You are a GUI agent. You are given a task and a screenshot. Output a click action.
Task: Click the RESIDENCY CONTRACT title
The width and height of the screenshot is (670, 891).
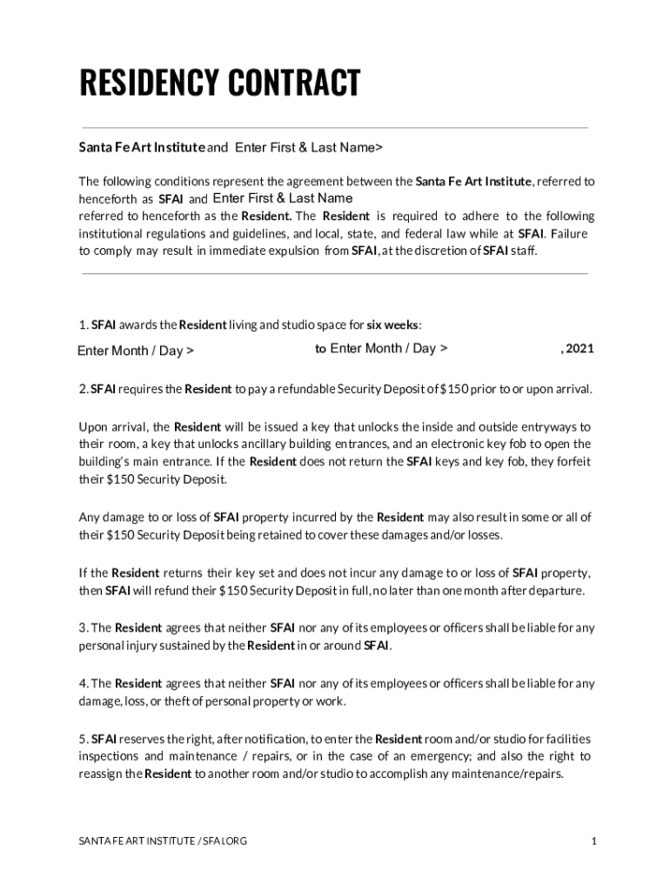coord(219,84)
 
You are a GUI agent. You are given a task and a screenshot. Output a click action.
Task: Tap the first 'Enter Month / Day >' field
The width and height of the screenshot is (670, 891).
coord(135,352)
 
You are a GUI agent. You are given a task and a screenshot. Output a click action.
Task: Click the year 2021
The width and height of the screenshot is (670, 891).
coord(580,349)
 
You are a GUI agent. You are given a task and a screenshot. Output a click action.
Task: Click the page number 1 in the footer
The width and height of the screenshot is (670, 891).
coord(593,841)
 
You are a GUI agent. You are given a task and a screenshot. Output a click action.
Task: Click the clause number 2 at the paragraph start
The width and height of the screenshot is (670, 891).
coord(82,389)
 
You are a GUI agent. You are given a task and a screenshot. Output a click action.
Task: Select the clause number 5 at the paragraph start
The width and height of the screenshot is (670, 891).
coord(82,740)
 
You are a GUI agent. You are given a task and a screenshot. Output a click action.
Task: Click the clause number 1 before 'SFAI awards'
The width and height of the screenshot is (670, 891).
coord(82,325)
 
